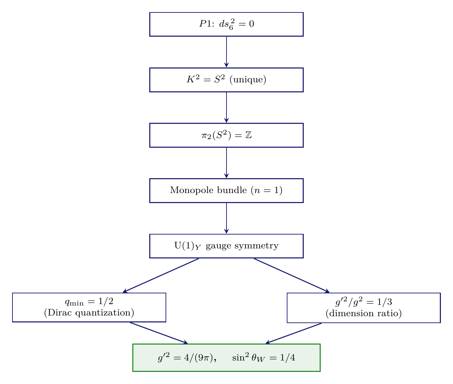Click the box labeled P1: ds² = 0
(226, 24)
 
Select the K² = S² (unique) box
(226, 80)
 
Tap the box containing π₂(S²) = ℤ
(226, 135)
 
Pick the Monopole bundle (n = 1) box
(226, 191)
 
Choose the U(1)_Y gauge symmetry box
(226, 246)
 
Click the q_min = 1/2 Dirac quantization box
(89, 308)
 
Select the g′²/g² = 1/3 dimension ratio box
(364, 308)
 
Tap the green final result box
(226, 358)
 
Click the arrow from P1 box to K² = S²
(226, 52)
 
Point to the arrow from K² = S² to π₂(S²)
(226, 107)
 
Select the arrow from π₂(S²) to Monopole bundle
(226, 163)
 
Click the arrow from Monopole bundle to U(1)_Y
(226, 218)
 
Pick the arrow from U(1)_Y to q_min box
(161, 275)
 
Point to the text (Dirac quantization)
(89, 313)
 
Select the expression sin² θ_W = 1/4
(264, 358)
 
